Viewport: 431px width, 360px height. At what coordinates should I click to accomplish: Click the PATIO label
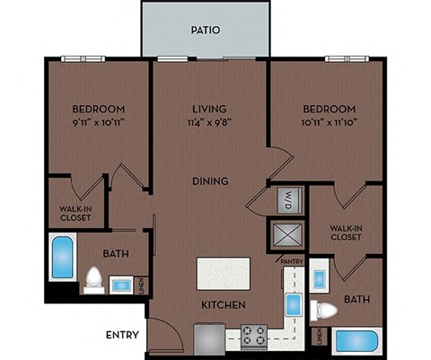click(x=206, y=30)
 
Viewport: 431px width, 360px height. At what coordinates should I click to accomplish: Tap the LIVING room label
click(x=208, y=107)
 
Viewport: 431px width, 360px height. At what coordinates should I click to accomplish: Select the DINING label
click(x=210, y=181)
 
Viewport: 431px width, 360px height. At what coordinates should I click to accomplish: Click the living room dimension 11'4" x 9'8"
click(x=208, y=121)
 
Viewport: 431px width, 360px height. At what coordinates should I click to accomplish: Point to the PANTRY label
click(x=293, y=261)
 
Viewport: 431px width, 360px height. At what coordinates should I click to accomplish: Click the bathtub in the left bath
click(x=63, y=259)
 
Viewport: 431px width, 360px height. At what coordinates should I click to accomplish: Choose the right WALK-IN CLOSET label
click(x=346, y=233)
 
